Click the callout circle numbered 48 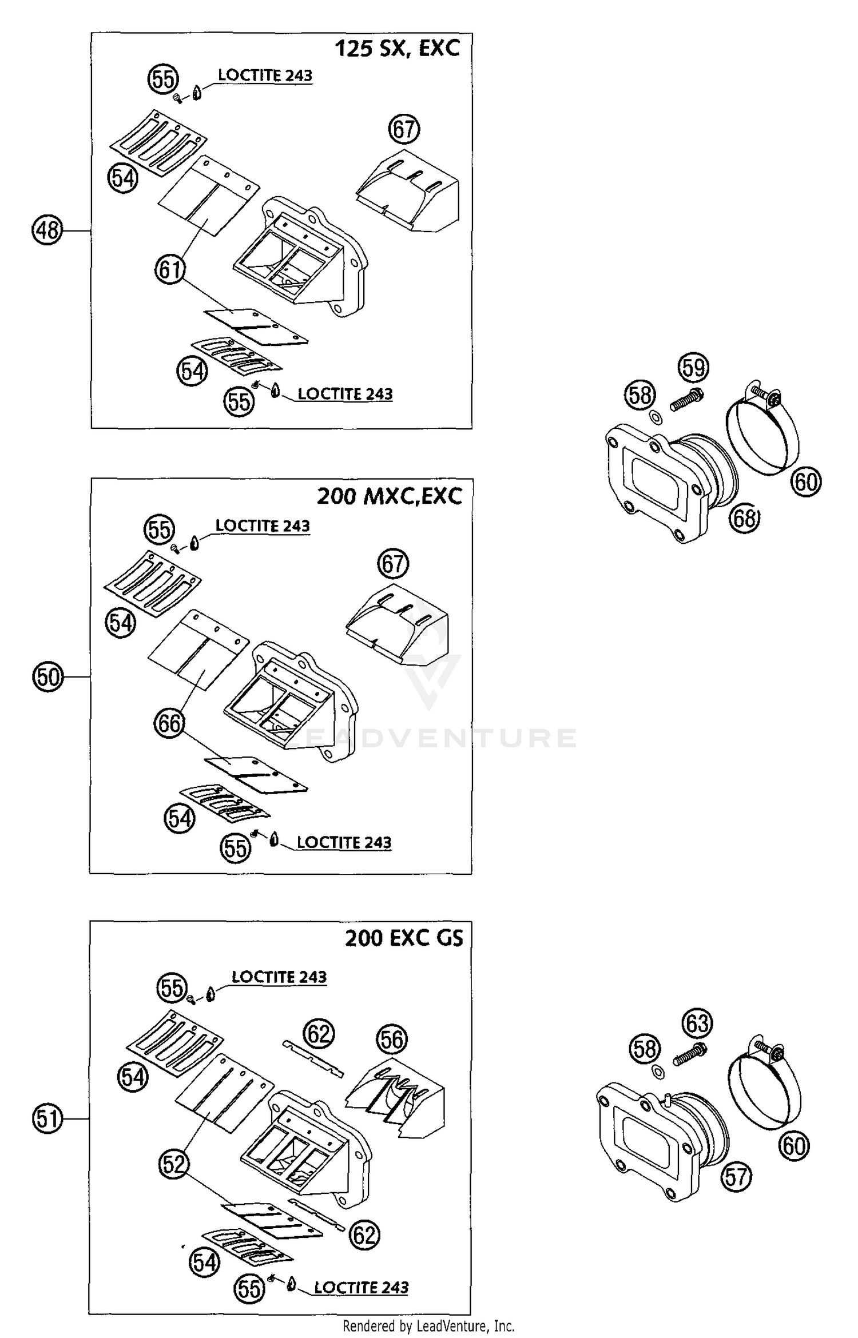click(x=47, y=230)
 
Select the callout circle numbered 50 click(x=47, y=677)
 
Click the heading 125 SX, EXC click(x=397, y=48)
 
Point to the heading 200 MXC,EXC click(x=390, y=496)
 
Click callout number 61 click(x=170, y=269)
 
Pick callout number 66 click(x=169, y=724)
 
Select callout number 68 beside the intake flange click(x=744, y=519)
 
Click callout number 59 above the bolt click(x=694, y=367)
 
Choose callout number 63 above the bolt click(x=697, y=1023)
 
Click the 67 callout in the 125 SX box click(x=404, y=129)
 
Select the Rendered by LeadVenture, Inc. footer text click(x=428, y=1325)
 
